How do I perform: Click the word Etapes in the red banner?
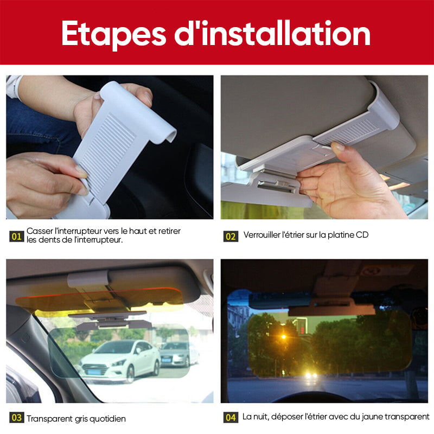(113, 34)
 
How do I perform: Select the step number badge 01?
(17, 237)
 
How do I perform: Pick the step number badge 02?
(231, 237)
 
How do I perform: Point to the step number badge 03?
(17, 417)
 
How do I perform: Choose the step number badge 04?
(231, 417)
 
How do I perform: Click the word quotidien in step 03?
(107, 419)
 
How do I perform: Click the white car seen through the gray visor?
(119, 360)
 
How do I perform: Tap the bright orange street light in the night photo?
(283, 337)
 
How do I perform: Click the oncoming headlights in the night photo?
(310, 375)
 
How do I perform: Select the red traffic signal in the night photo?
(302, 330)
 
